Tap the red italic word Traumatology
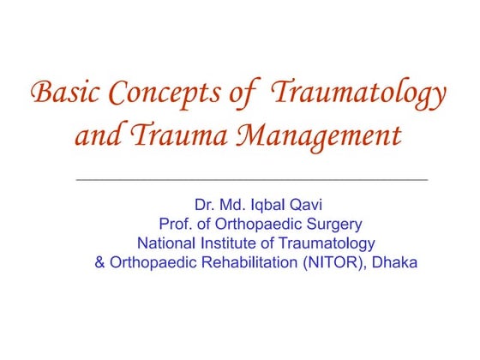click(358, 93)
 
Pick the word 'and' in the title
click(96, 135)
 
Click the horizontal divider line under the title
click(252, 180)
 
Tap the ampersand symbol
click(100, 262)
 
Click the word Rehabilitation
click(248, 262)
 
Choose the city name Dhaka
click(395, 262)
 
